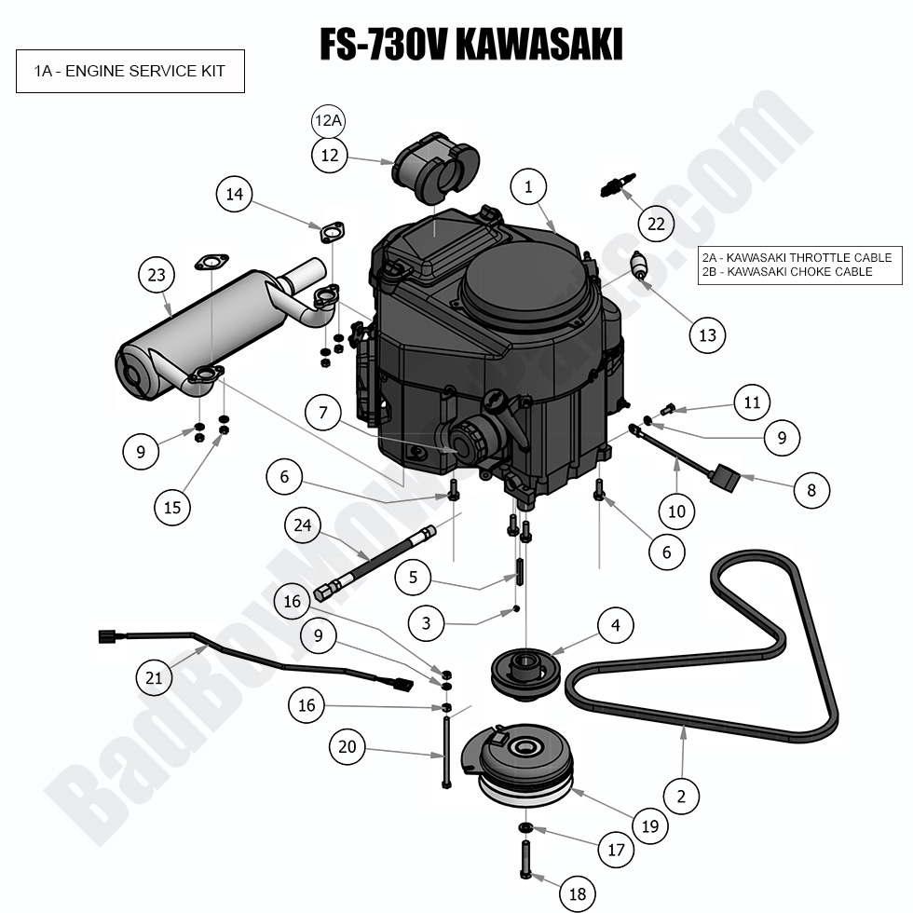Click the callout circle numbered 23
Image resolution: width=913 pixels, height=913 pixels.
coord(157,275)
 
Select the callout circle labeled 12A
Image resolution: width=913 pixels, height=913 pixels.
coord(329,122)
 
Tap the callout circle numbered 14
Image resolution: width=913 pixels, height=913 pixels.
coord(234,195)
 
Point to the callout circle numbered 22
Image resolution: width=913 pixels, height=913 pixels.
coord(657,224)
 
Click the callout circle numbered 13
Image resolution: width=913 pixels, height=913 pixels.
coord(708,334)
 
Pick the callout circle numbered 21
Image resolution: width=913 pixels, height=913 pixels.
coord(154,677)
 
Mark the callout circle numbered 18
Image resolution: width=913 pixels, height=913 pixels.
coord(577,894)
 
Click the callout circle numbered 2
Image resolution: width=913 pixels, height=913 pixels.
coord(681,796)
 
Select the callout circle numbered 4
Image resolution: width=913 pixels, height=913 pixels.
coord(616,625)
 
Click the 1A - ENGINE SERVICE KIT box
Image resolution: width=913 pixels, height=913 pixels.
coord(129,71)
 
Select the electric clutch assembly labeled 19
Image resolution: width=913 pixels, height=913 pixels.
coord(526,764)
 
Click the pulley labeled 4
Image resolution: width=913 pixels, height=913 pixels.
coord(520,670)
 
